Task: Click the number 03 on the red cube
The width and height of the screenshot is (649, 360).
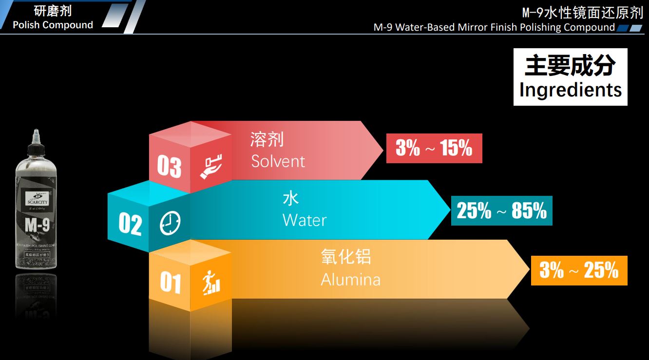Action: [169, 167]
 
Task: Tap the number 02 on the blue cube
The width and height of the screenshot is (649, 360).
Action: [130, 225]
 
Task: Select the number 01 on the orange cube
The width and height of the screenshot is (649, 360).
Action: [171, 283]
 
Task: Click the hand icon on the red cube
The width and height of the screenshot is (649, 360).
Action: [211, 167]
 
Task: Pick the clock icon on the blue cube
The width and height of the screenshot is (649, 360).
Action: [170, 224]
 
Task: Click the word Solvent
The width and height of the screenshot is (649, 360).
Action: [278, 161]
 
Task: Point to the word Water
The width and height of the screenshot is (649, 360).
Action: [304, 220]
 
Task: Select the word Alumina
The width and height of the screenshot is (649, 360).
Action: [350, 280]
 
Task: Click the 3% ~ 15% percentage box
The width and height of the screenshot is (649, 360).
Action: [434, 148]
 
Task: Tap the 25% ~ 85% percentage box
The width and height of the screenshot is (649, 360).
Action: [501, 210]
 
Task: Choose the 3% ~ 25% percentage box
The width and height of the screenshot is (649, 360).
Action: [579, 270]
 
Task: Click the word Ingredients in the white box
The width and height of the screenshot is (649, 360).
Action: [571, 90]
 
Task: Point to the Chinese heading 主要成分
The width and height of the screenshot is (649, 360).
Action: [570, 65]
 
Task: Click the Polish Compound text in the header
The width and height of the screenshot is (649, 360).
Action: [53, 25]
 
